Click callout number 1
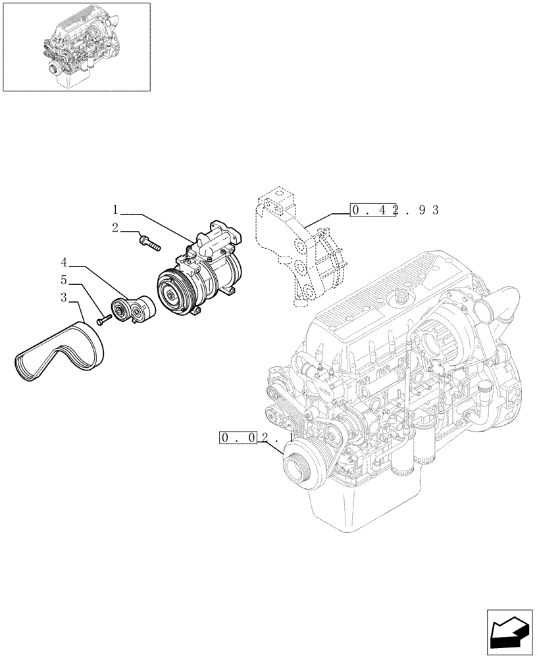[x=115, y=211]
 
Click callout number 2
[x=115, y=228]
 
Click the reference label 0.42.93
[x=394, y=211]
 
